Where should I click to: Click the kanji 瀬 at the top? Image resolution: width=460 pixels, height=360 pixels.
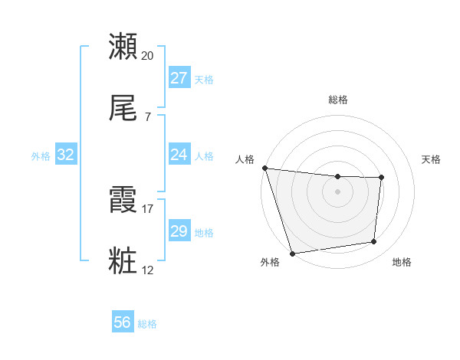pyautogui.click(x=123, y=47)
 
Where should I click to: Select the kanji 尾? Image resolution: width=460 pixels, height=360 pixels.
pyautogui.click(x=123, y=109)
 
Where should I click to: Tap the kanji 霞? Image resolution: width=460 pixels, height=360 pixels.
pyautogui.click(x=123, y=201)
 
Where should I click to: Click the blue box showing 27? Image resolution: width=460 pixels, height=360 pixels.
pyautogui.click(x=179, y=78)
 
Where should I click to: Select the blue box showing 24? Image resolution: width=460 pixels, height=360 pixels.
pyautogui.click(x=179, y=155)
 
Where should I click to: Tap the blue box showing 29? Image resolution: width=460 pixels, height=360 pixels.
pyautogui.click(x=179, y=231)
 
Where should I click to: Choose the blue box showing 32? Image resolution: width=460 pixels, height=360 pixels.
pyautogui.click(x=66, y=155)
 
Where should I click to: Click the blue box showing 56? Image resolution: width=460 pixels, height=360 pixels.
pyautogui.click(x=123, y=322)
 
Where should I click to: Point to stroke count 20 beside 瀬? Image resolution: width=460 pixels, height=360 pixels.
pyautogui.click(x=148, y=55)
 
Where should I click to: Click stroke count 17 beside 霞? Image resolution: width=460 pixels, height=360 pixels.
pyautogui.click(x=148, y=208)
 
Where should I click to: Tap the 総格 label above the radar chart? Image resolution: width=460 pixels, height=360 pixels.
pyautogui.click(x=338, y=100)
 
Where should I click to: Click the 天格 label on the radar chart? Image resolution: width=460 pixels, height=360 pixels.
pyautogui.click(x=432, y=159)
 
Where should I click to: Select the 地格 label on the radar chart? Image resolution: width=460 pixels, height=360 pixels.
pyautogui.click(x=402, y=262)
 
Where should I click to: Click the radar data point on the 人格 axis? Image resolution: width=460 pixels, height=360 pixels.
pyautogui.click(x=264, y=168)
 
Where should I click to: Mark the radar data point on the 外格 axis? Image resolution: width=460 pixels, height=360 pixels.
pyautogui.click(x=292, y=253)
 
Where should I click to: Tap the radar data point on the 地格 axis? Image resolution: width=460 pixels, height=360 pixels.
pyautogui.click(x=374, y=242)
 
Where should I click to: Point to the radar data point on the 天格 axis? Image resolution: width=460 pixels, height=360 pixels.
pyautogui.click(x=381, y=178)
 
